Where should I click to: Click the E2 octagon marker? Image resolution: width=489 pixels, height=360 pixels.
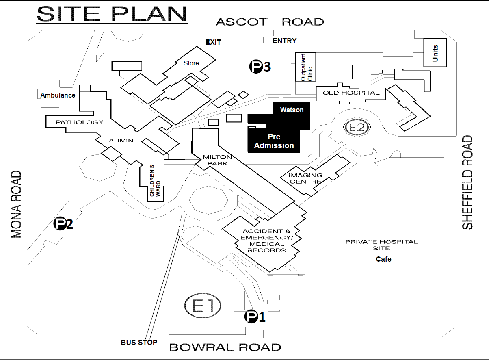357,128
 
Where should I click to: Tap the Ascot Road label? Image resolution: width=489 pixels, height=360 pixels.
270,22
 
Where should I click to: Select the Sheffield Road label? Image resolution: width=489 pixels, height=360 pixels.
468,182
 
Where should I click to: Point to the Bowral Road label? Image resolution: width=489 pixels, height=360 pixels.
225,347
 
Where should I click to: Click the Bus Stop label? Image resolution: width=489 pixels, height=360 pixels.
139,342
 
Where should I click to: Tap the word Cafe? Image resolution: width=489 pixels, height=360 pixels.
383,259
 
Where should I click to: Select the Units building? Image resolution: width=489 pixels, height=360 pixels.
435,53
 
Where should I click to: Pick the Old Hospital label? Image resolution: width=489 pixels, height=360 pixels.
351,93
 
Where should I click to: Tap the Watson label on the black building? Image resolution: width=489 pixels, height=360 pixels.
292,110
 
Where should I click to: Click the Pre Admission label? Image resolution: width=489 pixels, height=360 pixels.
274,141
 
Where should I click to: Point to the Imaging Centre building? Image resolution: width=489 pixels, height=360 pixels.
306,178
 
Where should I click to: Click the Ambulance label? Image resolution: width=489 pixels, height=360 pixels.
58,95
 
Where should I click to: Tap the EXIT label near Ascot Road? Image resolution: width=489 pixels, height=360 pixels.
213,42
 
